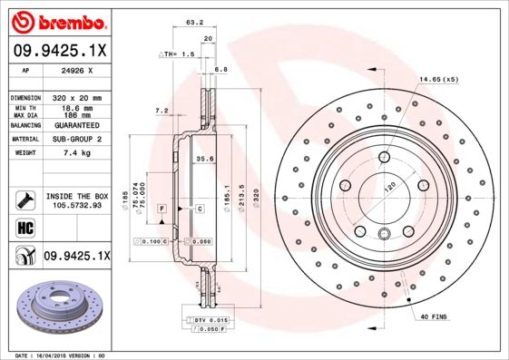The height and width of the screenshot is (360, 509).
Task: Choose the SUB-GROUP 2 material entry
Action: [x=75, y=139]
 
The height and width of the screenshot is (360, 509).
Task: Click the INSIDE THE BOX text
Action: [x=77, y=196]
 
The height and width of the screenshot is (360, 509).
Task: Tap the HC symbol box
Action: [x=24, y=227]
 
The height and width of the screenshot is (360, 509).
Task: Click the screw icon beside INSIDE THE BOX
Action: [x=24, y=199]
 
